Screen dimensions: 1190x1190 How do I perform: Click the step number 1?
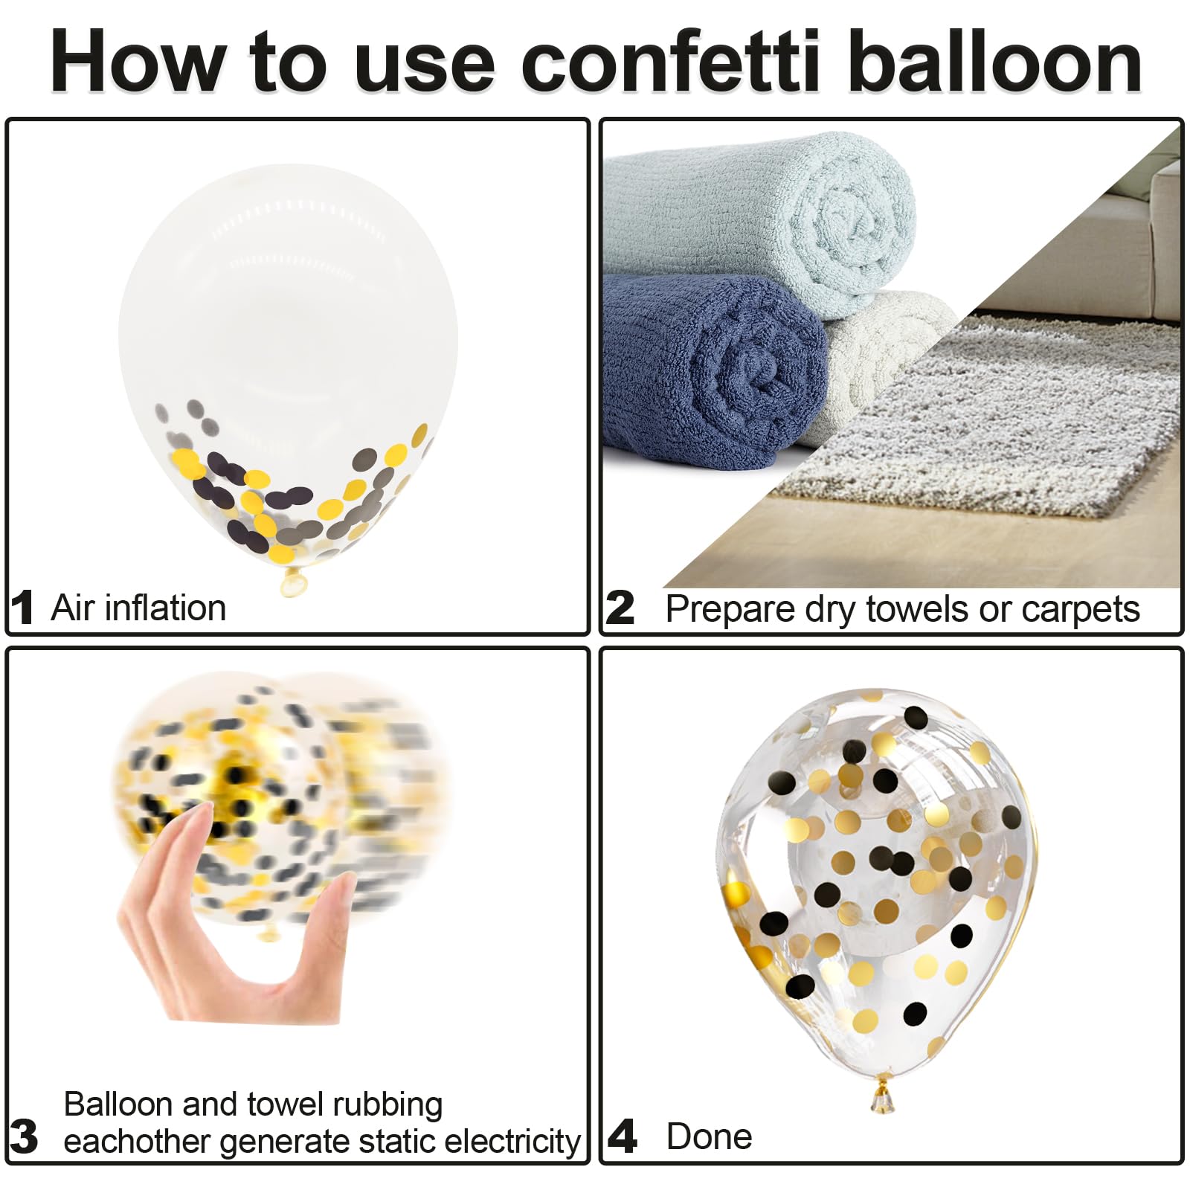tap(22, 608)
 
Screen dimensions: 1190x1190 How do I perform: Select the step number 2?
tap(620, 608)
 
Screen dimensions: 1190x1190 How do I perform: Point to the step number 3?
tap(24, 1136)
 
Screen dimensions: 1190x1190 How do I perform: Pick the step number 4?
tap(623, 1136)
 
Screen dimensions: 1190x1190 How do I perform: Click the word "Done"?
tap(709, 1136)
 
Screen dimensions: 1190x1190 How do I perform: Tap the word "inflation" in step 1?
tap(165, 608)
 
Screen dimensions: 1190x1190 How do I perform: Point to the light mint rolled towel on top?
tap(759, 216)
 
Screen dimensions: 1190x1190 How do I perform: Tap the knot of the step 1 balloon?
tap(293, 581)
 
